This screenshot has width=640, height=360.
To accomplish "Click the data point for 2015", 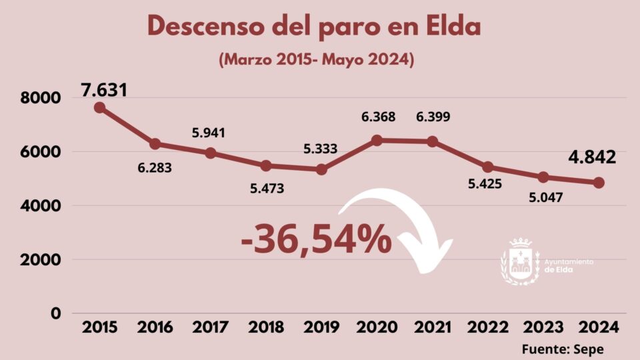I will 99,107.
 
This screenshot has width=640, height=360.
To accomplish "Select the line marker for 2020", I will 377,140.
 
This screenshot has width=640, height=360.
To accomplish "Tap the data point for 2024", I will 599,183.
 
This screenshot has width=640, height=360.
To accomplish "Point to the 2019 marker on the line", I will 321,169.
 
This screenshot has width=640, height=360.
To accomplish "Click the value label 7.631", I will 104,90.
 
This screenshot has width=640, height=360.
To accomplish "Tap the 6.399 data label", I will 432,117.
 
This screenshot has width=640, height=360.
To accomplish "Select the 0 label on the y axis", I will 56,313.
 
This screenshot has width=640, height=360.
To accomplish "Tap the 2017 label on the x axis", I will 211,327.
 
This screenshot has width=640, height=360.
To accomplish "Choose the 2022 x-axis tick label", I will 487,327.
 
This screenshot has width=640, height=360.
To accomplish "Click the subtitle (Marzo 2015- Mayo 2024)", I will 317,59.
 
